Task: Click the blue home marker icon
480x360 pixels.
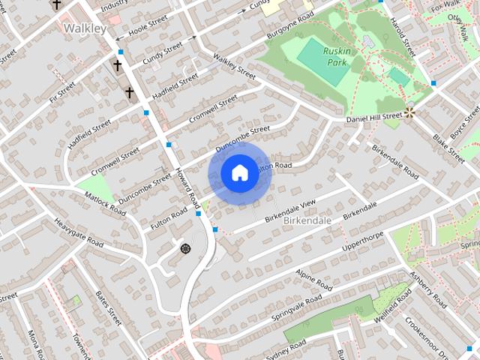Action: click(x=238, y=173)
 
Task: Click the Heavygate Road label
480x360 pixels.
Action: click(x=79, y=233)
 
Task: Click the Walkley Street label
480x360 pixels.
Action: click(x=234, y=65)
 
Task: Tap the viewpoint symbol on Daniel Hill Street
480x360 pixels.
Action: click(x=409, y=113)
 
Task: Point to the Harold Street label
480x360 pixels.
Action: click(x=403, y=36)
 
